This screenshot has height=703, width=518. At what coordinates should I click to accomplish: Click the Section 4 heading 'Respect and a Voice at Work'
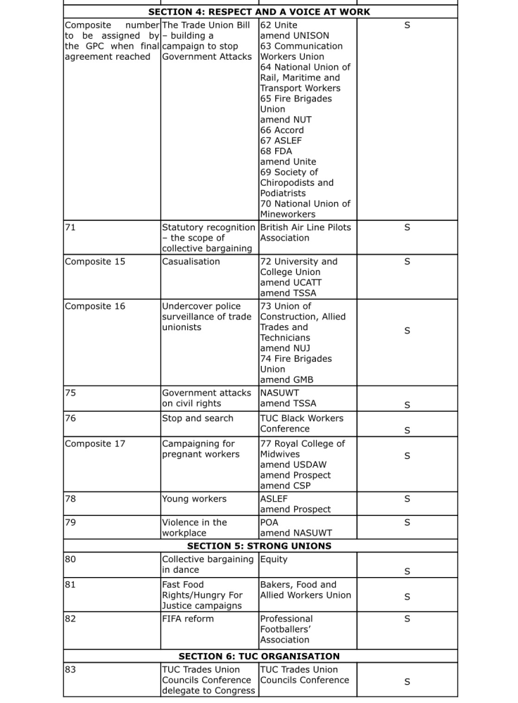pos(259,12)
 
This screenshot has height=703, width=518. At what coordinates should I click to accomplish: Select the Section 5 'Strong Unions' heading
pos(259,546)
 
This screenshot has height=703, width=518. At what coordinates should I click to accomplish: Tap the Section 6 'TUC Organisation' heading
pos(259,657)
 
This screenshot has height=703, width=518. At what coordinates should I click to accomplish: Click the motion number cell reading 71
pos(70,228)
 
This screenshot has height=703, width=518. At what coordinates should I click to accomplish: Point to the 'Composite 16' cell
pos(95,307)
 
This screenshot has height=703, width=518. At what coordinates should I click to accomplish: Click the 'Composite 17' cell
pos(95,444)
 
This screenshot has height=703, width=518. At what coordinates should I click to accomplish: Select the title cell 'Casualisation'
pos(191,262)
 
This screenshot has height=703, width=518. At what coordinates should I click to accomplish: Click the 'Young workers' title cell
pos(194,499)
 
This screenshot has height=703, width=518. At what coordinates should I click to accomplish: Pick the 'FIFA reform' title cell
pos(188,619)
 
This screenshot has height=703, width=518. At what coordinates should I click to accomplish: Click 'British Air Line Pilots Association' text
pos(305,233)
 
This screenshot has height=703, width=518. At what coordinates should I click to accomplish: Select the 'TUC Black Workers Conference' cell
pos(302,424)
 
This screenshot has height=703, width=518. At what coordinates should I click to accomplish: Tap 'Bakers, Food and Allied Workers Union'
pos(298,590)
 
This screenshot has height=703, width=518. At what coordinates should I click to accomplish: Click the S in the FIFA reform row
pos(407,619)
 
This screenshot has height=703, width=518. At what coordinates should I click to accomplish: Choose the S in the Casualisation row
pos(407,262)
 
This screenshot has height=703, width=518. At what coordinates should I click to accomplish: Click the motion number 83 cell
pos(70,670)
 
